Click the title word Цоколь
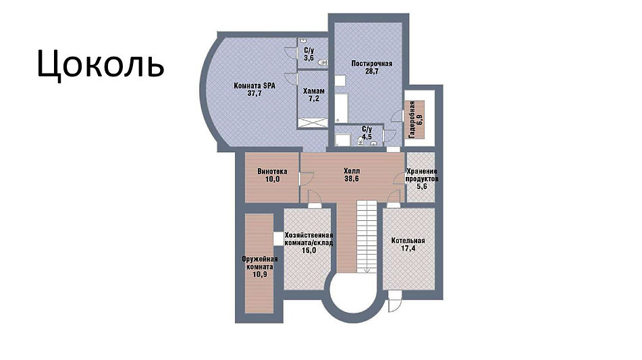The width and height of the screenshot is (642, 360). [x=101, y=65]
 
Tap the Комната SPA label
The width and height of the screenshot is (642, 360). [x=255, y=86]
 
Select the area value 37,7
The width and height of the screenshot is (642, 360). [x=255, y=93]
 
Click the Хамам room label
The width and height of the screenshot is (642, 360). [x=314, y=91]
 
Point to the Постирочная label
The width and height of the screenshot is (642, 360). [x=372, y=63]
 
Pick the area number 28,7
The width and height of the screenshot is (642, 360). [x=372, y=71]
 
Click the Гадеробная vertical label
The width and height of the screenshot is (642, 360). [x=412, y=120]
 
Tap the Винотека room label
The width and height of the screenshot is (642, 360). [x=272, y=172]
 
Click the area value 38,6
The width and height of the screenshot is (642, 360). [x=352, y=178]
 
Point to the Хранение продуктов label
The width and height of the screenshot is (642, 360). [x=422, y=176]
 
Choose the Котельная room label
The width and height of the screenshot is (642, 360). [x=408, y=240]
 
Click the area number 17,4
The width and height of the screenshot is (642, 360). [x=408, y=248]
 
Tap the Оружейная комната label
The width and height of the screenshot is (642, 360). [x=260, y=263]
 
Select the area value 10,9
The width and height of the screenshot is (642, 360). [x=260, y=274]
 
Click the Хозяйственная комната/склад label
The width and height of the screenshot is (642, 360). [x=309, y=239]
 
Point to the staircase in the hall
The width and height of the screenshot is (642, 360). [x=367, y=236]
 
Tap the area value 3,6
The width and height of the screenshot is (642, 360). [x=309, y=58]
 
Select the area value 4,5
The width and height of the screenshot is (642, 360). [x=367, y=137]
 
